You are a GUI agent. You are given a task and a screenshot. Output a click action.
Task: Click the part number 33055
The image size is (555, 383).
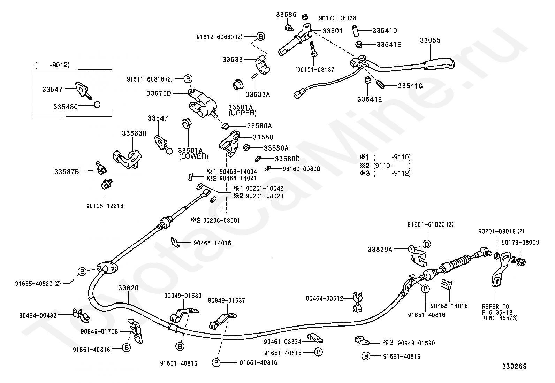(x=430, y=40)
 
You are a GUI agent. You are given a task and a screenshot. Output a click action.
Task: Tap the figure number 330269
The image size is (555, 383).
(x=514, y=366)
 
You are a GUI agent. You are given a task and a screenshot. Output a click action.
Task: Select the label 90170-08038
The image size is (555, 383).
(x=337, y=18)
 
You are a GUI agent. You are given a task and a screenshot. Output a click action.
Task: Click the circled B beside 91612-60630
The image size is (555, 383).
(x=260, y=36)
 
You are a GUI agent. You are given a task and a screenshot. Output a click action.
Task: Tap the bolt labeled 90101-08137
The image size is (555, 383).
(x=313, y=49)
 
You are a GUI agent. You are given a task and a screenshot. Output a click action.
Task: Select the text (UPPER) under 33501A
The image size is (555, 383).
(x=242, y=113)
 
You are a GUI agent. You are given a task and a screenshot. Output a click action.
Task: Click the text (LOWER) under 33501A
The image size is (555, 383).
(x=194, y=156)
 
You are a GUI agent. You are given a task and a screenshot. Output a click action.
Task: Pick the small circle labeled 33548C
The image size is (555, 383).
(x=97, y=105)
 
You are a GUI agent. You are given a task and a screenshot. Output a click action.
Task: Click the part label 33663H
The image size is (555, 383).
(x=134, y=133)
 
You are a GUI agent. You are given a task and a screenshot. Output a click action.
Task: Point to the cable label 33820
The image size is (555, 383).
(x=128, y=288)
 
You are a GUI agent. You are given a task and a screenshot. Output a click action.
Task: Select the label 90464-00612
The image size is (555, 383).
(x=324, y=299)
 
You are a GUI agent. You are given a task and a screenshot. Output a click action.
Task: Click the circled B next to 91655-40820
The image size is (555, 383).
(x=82, y=271)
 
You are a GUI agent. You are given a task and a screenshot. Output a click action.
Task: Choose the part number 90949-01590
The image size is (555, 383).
(x=416, y=343)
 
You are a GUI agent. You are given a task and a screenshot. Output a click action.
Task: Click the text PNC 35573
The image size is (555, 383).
(x=501, y=318)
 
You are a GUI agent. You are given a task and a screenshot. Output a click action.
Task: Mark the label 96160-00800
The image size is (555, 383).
(x=301, y=169)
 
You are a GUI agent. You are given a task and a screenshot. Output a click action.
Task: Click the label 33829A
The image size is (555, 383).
(x=380, y=250)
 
